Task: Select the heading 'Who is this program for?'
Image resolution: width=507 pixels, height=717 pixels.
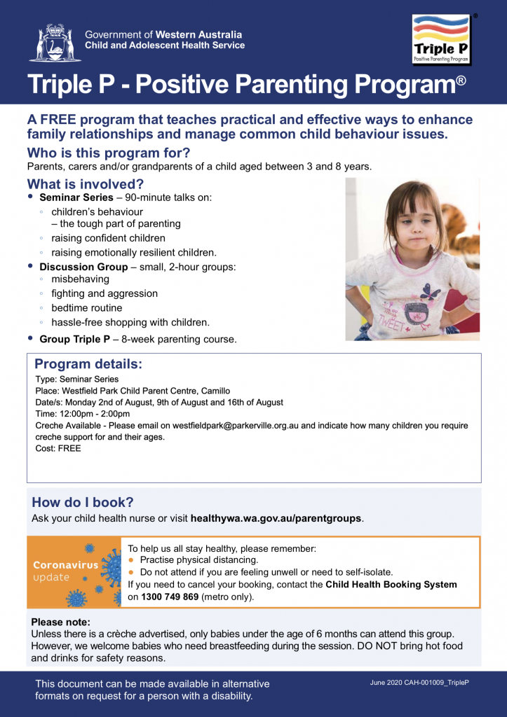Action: pyautogui.click(x=109, y=153)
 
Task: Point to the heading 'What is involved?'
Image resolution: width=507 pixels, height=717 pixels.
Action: pyautogui.click(x=86, y=184)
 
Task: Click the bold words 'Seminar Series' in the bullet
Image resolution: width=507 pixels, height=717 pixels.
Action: pyautogui.click(x=74, y=198)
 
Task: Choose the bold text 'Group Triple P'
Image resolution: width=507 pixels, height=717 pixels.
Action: pyautogui.click(x=75, y=340)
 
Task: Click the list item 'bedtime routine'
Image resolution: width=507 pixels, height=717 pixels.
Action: pyautogui.click(x=87, y=308)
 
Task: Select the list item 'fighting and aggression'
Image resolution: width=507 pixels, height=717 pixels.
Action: pyautogui.click(x=104, y=293)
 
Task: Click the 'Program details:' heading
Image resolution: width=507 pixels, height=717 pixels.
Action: pyautogui.click(x=88, y=364)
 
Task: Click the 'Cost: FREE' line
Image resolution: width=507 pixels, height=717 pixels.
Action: pyautogui.click(x=58, y=448)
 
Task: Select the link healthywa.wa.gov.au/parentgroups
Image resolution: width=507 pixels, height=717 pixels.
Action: pyautogui.click(x=276, y=519)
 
